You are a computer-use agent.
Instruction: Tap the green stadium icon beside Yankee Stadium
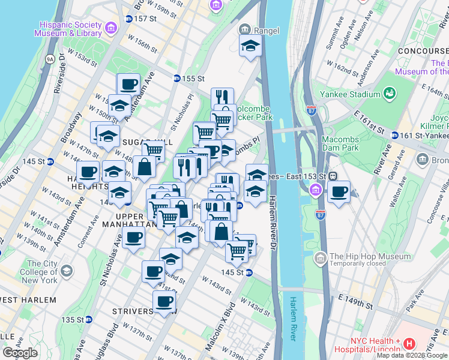390,94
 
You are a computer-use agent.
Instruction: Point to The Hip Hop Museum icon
320,258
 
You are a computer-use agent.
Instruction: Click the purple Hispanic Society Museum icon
110,28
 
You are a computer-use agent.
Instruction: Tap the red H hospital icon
409,344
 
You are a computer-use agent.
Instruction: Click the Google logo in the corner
20,353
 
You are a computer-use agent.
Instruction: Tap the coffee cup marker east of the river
339,192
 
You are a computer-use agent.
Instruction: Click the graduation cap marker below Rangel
250,46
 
